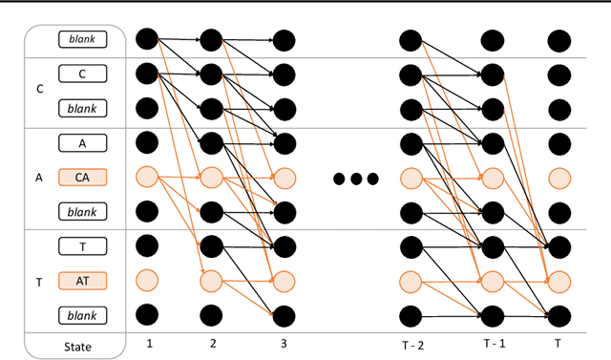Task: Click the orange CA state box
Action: pyautogui.click(x=82, y=177)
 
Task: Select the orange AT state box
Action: pyautogui.click(x=82, y=280)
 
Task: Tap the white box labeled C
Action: pyautogui.click(x=82, y=74)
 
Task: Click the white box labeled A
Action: pyautogui.click(x=82, y=142)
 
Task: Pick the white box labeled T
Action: pyautogui.click(x=82, y=246)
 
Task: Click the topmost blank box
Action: pyautogui.click(x=82, y=39)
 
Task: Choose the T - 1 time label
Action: pyautogui.click(x=491, y=341)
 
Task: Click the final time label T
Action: pyautogui.click(x=558, y=341)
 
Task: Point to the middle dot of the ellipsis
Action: pyautogui.click(x=355, y=179)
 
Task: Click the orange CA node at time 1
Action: pyautogui.click(x=146, y=177)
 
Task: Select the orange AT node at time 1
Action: pyautogui.click(x=146, y=280)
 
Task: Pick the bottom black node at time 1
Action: pyautogui.click(x=146, y=314)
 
